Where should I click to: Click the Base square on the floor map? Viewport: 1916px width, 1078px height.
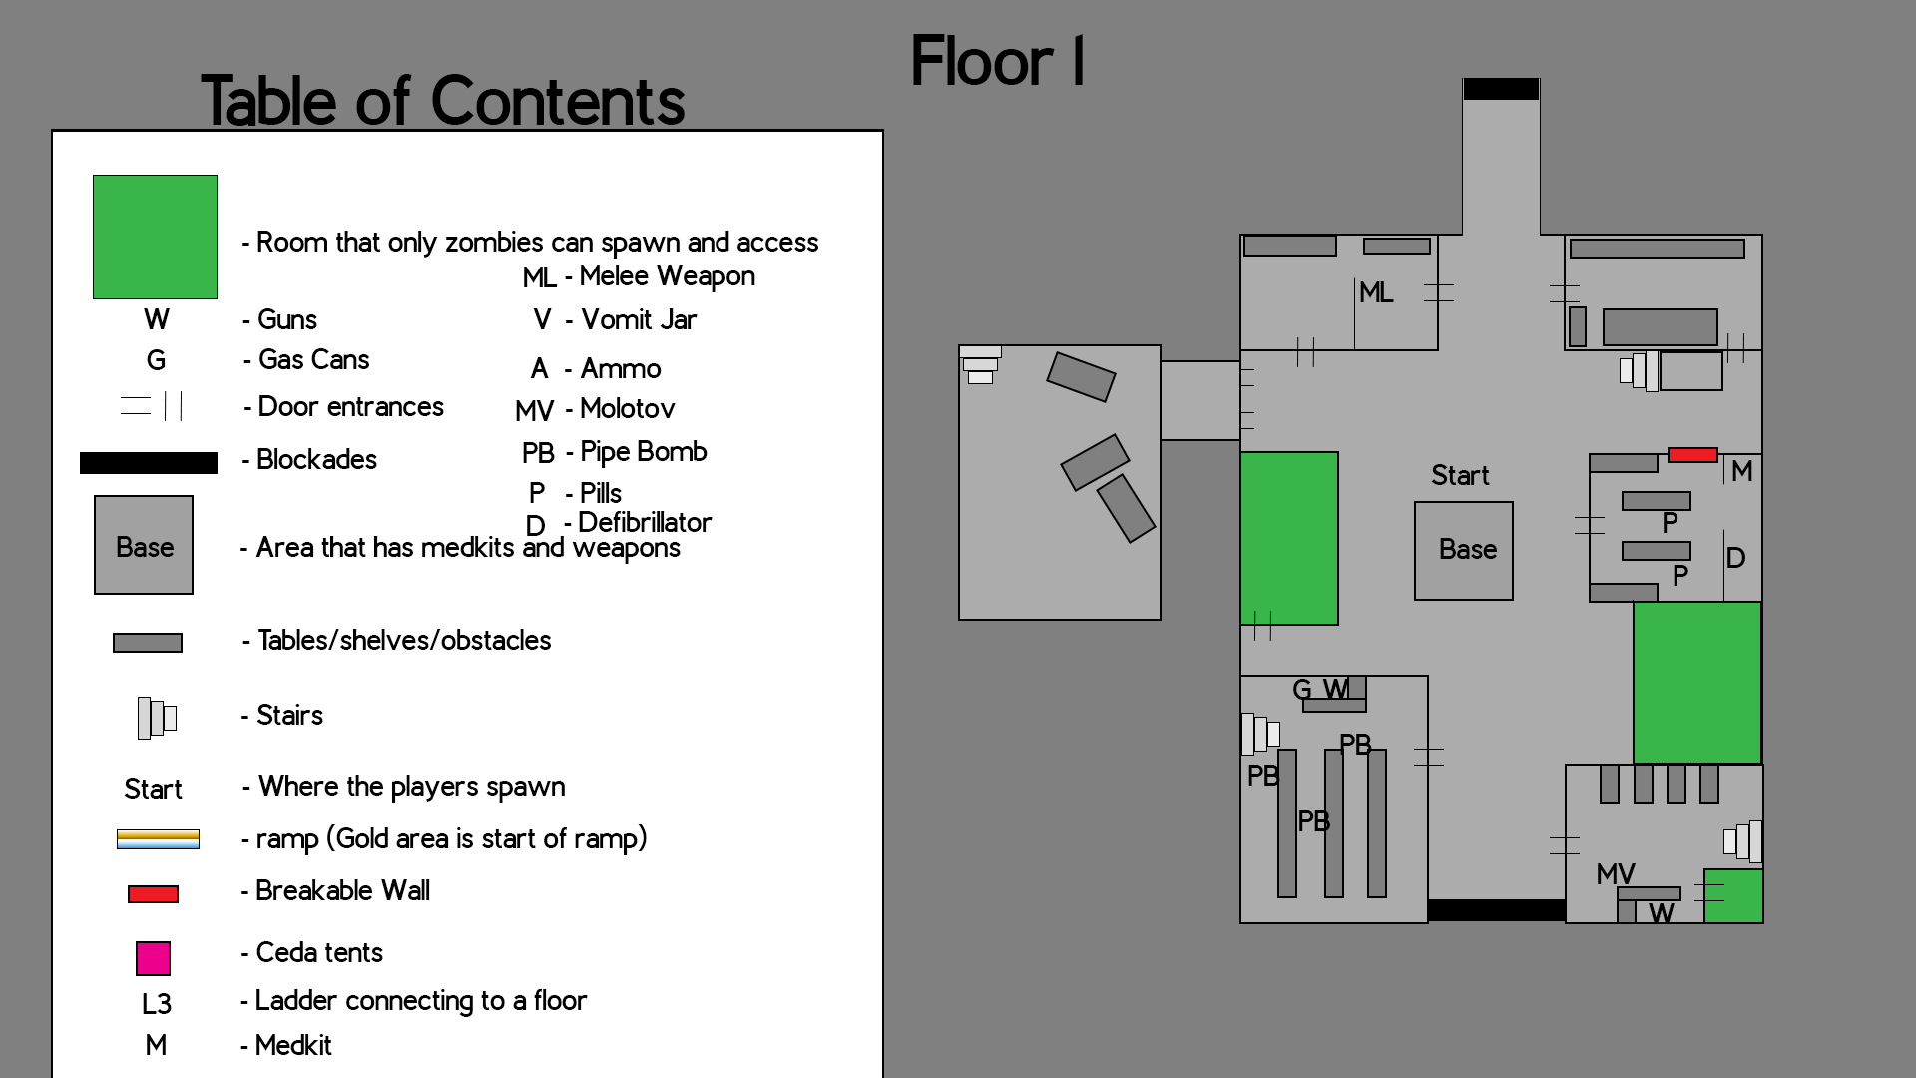click(x=1463, y=550)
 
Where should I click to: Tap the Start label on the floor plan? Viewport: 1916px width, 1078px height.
click(x=1459, y=475)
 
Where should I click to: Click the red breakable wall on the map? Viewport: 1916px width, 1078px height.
click(x=1692, y=455)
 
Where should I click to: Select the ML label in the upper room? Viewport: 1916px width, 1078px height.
click(x=1376, y=292)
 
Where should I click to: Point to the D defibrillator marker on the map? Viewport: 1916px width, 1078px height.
click(x=1735, y=558)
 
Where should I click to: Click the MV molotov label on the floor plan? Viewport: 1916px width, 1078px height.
click(x=1615, y=874)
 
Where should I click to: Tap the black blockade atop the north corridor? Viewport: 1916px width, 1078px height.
click(x=1501, y=89)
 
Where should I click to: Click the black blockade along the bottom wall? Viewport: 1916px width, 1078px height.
click(x=1496, y=910)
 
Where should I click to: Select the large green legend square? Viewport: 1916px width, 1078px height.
click(x=155, y=237)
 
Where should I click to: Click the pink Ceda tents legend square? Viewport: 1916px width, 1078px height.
click(x=153, y=958)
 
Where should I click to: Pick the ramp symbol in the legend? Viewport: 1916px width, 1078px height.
click(x=158, y=839)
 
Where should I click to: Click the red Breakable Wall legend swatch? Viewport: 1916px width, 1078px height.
click(x=153, y=894)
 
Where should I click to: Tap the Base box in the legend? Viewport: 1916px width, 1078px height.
click(x=144, y=545)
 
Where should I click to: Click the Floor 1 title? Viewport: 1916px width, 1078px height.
click(x=997, y=62)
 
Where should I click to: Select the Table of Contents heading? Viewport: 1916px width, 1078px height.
click(x=443, y=101)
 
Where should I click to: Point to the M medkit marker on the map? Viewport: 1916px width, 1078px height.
click(x=1741, y=471)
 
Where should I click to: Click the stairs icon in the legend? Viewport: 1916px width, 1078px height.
click(x=157, y=718)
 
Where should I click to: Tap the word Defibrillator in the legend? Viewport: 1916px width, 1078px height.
click(x=644, y=522)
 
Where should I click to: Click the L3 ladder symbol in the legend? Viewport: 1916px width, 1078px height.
click(x=156, y=1003)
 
